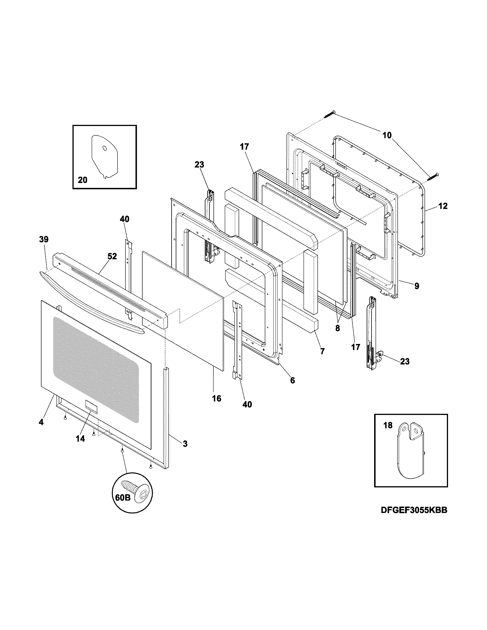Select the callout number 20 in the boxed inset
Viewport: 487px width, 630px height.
coord(83,180)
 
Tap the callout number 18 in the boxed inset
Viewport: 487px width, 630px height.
coord(388,425)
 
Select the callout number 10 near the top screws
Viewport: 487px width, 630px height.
coord(387,135)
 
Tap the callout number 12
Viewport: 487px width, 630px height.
coord(443,206)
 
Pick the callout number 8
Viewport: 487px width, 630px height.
coord(337,328)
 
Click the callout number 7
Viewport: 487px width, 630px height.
coord(322,351)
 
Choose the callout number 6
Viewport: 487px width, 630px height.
coord(292,381)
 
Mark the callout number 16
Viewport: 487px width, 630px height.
coord(216,398)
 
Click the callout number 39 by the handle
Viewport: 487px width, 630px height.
coord(44,239)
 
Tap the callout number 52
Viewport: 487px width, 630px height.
coord(112,256)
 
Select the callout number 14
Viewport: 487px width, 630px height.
coord(80,439)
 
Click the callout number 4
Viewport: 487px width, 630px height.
coord(41,422)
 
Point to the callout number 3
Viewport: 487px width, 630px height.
coord(185,444)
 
